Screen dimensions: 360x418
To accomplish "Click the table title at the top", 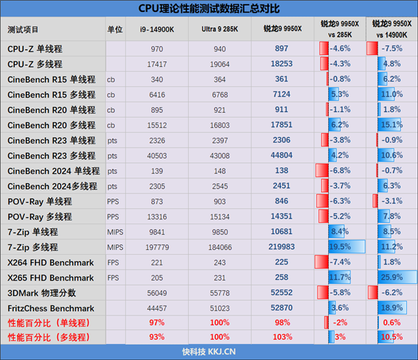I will click(209, 9).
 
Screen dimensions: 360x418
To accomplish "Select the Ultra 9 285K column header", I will click(219, 30).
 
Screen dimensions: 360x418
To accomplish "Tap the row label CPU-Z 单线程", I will click(35, 49).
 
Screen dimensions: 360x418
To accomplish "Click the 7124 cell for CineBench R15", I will click(282, 94).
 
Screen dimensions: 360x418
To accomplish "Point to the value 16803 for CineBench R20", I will click(219, 125).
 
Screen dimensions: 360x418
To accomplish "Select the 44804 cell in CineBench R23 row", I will click(282, 155).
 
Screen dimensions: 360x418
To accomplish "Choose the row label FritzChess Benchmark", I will click(50, 308).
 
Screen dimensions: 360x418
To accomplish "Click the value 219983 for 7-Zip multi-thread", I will click(282, 246).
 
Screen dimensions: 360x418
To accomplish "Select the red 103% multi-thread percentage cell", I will click(282, 338).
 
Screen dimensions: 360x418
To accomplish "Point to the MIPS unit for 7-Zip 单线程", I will click(115, 232).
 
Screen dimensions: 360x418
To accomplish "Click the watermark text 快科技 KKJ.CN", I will click(209, 352).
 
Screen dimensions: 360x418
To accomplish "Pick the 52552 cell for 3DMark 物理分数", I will click(282, 292).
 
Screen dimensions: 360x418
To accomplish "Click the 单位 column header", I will click(115, 30).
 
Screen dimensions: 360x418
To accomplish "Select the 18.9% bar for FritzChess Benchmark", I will click(390, 308).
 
